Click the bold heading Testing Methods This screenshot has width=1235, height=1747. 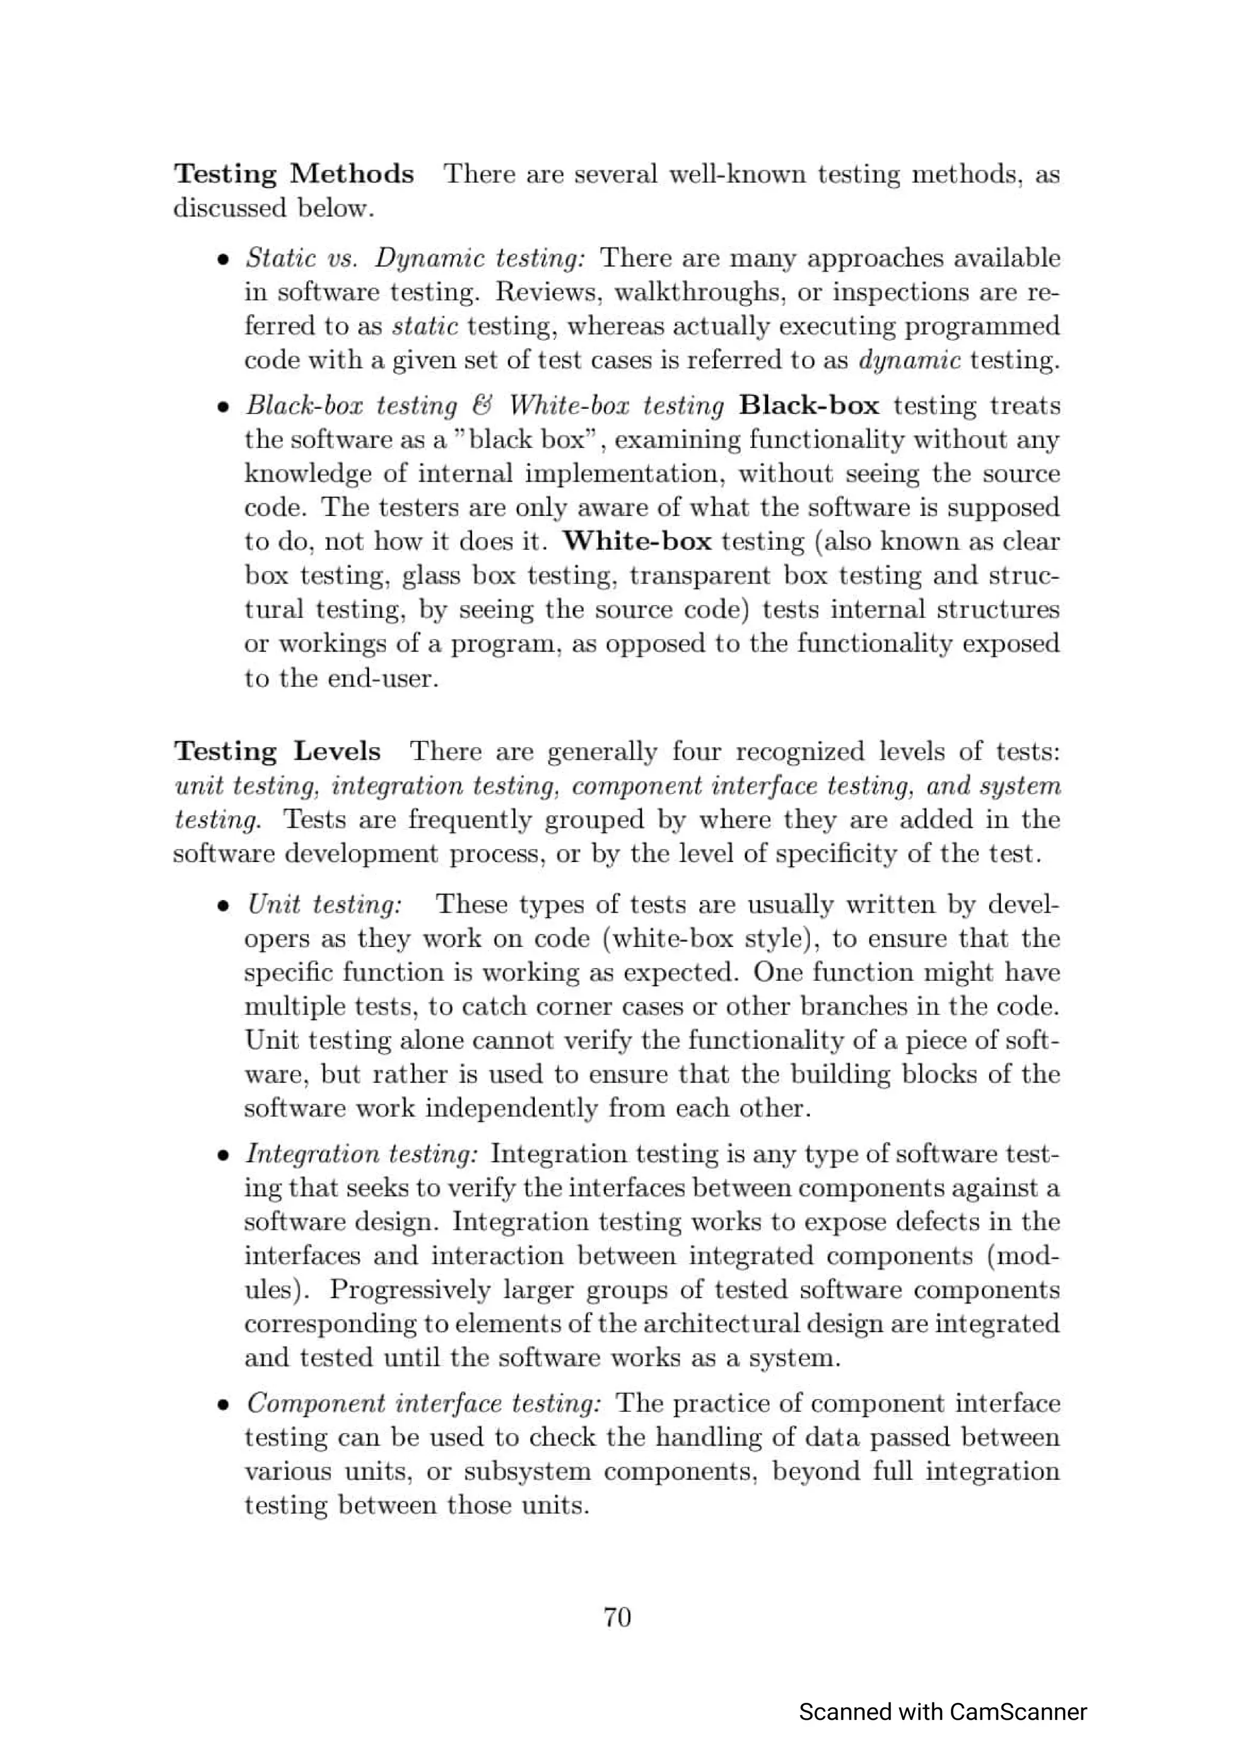click(294, 174)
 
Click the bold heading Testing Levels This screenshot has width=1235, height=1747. click(277, 751)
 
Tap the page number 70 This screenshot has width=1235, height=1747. click(616, 1617)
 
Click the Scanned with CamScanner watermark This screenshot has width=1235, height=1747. click(942, 1712)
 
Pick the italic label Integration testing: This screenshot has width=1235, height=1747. click(361, 1154)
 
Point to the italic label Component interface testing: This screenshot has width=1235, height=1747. click(424, 1404)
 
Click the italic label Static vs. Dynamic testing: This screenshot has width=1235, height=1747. click(415, 258)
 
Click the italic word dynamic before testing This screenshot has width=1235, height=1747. click(909, 360)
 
